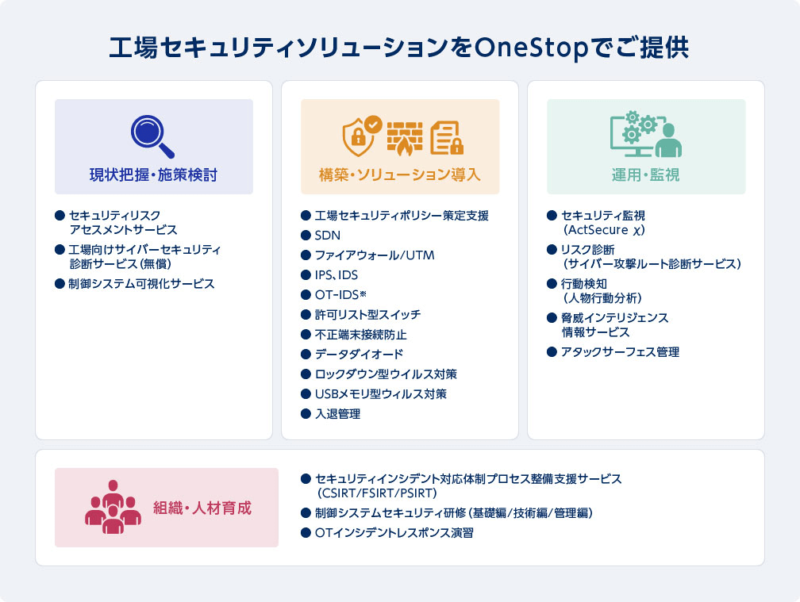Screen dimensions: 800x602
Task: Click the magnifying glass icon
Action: click(152, 136)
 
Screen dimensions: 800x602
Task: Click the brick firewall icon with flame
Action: click(405, 138)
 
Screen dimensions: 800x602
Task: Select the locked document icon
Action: click(447, 138)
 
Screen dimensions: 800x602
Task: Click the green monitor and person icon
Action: click(646, 134)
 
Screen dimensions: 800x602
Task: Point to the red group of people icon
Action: click(113, 507)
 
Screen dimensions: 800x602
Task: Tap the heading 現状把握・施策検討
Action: click(154, 174)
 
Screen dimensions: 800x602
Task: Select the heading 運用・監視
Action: click(646, 174)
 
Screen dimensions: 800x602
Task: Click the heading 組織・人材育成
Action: click(202, 508)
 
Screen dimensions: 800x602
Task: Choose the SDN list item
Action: click(328, 235)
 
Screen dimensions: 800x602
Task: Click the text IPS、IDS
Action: click(337, 274)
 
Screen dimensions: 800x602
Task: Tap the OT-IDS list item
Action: click(340, 294)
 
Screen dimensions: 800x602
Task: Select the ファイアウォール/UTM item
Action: click(375, 255)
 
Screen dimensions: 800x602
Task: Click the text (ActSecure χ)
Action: click(604, 230)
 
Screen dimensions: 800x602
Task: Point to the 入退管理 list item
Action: click(338, 414)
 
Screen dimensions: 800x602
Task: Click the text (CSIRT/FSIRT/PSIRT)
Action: click(377, 493)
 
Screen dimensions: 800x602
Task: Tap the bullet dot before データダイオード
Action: click(306, 355)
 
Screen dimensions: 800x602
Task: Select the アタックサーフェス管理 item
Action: click(620, 351)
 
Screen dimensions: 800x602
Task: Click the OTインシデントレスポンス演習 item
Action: click(394, 533)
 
